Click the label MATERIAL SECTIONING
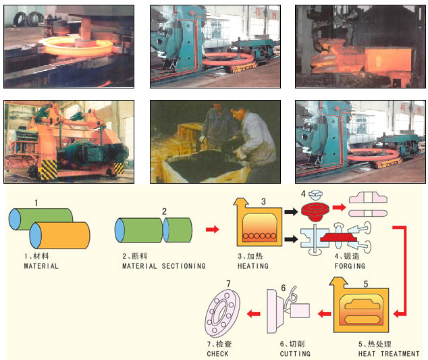(x=164, y=266)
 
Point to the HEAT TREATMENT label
(x=389, y=353)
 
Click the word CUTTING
(x=295, y=353)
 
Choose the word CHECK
(x=217, y=353)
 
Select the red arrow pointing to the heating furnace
(x=212, y=230)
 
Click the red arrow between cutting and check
(x=253, y=313)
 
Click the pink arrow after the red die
(x=338, y=208)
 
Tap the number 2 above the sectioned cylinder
(x=163, y=211)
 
